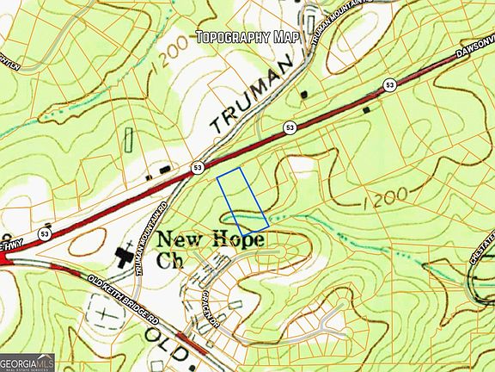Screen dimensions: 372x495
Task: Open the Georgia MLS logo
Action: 27,362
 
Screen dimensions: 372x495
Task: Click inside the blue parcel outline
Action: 241,201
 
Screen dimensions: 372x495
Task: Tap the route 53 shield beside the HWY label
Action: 44,233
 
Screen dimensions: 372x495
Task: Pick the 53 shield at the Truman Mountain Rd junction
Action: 199,166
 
